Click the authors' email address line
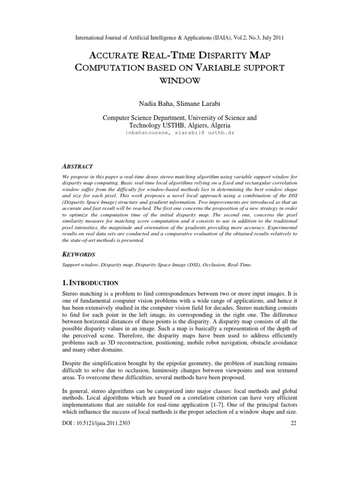pyautogui.click(x=180, y=134)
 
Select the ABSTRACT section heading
pyautogui.click(x=78, y=166)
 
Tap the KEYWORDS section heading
pyautogui.click(x=79, y=254)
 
